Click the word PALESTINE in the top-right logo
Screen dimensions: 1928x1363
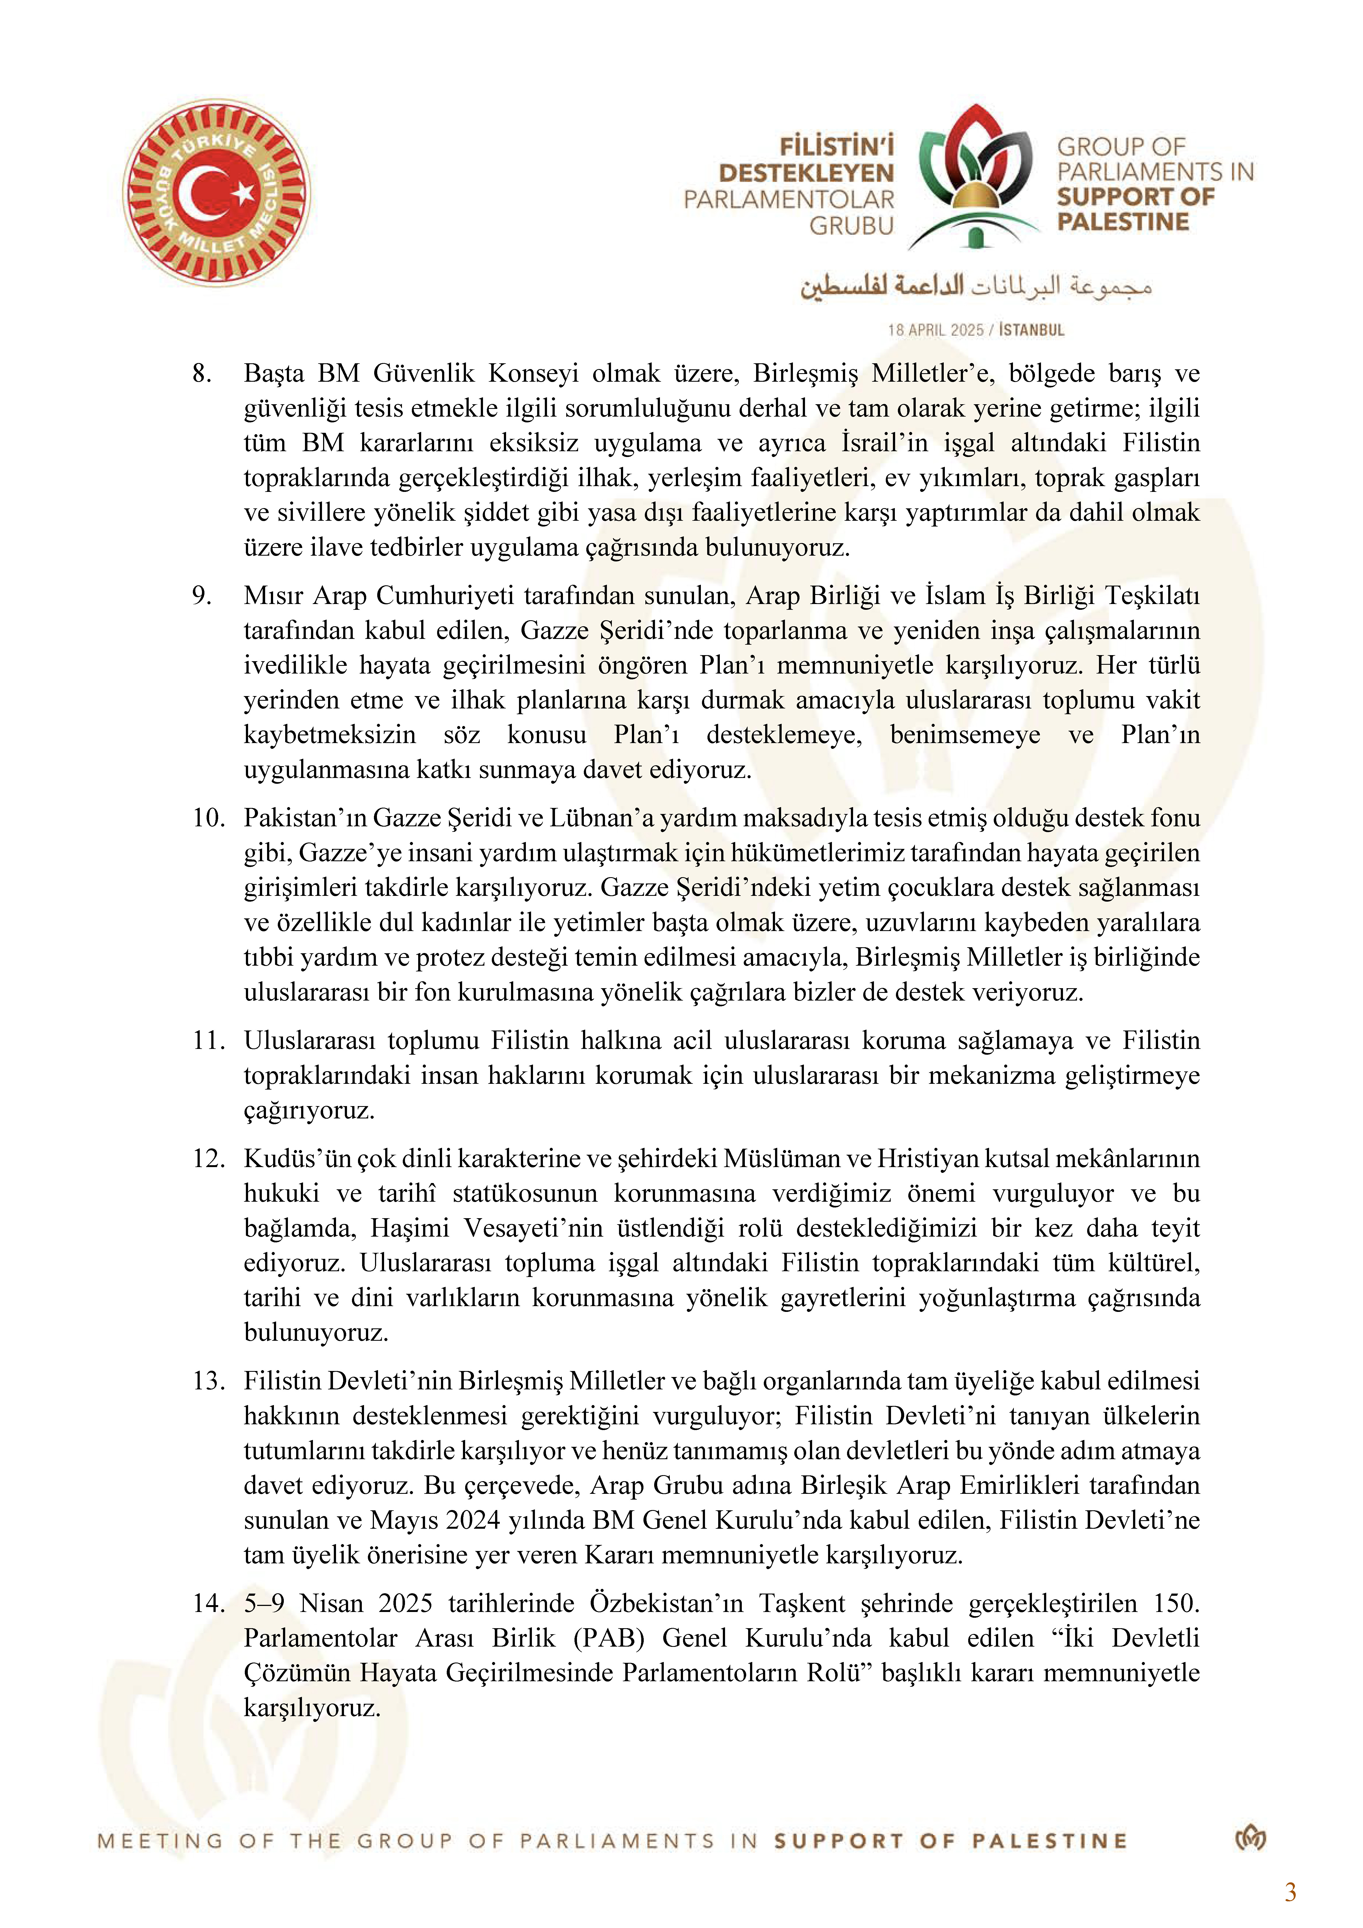point(1123,223)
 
